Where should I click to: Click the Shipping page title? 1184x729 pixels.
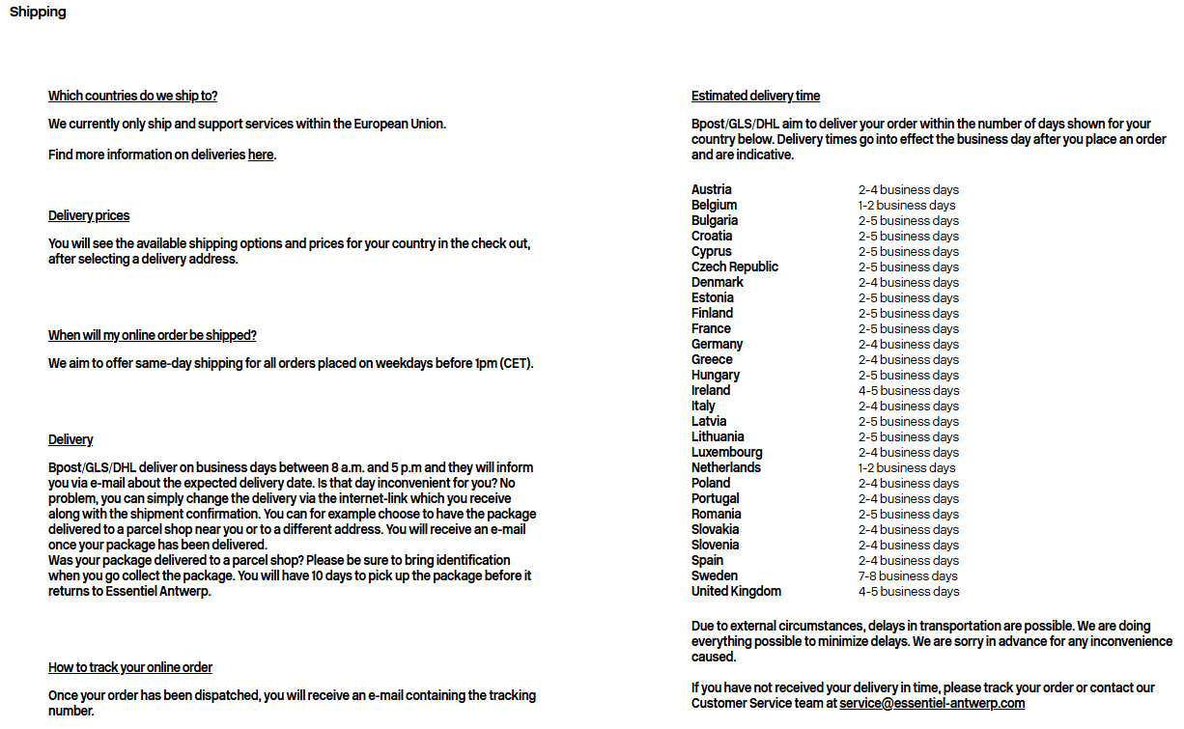(38, 13)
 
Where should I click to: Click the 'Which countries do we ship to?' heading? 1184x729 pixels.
(132, 96)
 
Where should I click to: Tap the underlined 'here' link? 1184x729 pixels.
(261, 154)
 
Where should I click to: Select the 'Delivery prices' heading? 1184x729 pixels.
(89, 215)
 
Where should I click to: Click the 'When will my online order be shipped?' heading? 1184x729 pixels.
(152, 335)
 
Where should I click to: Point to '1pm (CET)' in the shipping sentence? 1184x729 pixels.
(503, 363)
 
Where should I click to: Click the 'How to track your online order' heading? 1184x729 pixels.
(130, 667)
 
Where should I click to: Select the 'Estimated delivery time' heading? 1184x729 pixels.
(755, 96)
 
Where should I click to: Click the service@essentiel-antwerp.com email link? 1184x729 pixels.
(932, 703)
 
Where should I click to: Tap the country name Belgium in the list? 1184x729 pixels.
(714, 205)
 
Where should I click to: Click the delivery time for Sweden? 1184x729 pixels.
(908, 575)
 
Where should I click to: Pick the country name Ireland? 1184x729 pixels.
(711, 390)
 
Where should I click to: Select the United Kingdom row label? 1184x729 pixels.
(736, 591)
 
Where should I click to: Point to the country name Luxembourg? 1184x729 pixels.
(726, 452)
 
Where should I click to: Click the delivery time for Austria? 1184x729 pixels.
(908, 189)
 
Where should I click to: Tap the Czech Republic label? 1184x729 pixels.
(734, 266)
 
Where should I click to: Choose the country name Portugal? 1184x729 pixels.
(715, 498)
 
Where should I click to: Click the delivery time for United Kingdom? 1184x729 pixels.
(908, 591)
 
